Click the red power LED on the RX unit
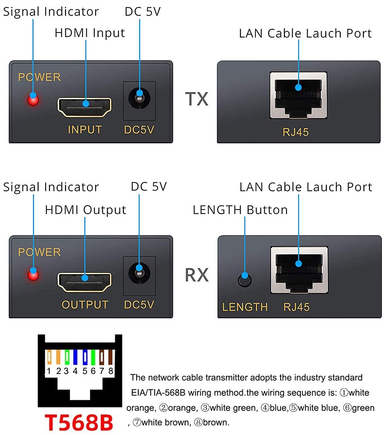click(x=33, y=275)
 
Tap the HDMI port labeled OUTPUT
click(x=84, y=282)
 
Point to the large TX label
click(x=197, y=99)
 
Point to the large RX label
click(x=197, y=275)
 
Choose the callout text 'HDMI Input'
click(x=90, y=33)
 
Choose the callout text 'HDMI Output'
click(x=86, y=210)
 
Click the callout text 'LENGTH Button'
click(x=240, y=210)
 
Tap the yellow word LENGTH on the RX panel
click(x=245, y=307)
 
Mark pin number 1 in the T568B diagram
click(x=49, y=371)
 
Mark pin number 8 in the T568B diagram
click(x=111, y=371)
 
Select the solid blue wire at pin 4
click(x=75, y=357)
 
